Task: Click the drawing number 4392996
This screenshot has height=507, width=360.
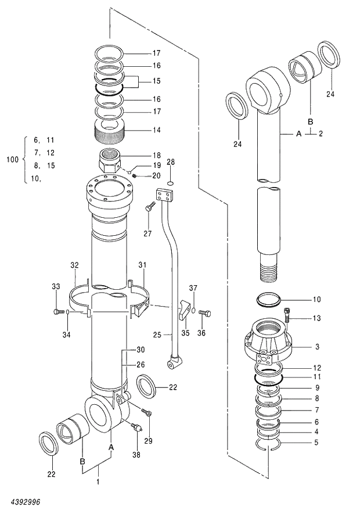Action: (24, 500)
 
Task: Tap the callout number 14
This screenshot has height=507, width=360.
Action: (157, 130)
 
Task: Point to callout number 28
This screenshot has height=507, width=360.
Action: (171, 161)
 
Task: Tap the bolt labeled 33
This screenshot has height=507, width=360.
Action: (57, 312)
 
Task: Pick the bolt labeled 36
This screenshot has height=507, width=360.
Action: (204, 313)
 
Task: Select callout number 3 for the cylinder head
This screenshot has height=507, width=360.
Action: (317, 347)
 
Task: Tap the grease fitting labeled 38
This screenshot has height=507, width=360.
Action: (137, 429)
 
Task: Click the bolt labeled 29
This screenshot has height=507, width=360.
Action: (147, 414)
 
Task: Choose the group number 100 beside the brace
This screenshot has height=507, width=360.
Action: (12, 159)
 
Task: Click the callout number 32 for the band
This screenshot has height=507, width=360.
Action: (74, 265)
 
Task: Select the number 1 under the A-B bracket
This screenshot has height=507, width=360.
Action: (98, 482)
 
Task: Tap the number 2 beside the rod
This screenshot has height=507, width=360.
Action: (321, 134)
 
